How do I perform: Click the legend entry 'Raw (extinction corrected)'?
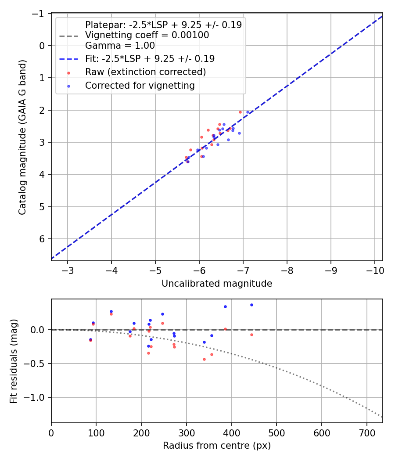tap(145, 72)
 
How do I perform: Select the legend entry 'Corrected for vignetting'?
tap(140, 86)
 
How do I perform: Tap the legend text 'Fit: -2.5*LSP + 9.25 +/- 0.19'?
tap(150, 58)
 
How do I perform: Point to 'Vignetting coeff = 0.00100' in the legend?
tap(147, 35)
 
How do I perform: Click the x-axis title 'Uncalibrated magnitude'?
tap(217, 284)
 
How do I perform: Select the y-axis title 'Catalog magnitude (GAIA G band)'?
tap(22, 137)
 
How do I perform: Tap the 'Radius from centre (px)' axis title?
tap(217, 446)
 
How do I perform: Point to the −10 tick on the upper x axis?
tap(374, 269)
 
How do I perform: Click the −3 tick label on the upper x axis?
tap(68, 269)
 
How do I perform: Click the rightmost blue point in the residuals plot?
tap(251, 305)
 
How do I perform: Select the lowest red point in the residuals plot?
tap(204, 359)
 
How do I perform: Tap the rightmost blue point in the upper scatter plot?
tap(248, 112)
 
